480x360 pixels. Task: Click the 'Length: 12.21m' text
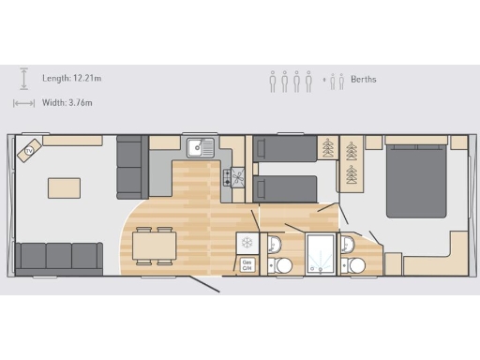coord(72,79)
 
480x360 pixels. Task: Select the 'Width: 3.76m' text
coord(68,102)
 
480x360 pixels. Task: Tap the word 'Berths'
coord(364,80)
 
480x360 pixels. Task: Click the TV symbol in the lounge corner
coord(29,150)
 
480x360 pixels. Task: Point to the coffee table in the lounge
coord(64,187)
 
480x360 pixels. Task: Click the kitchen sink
coord(200,148)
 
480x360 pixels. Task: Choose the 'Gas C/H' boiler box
coord(247,265)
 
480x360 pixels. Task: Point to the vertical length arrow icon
coord(25,79)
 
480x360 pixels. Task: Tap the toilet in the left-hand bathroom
coord(273,246)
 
